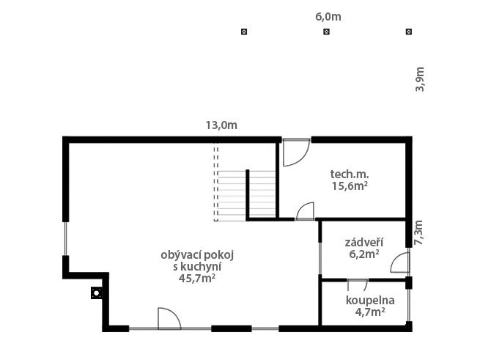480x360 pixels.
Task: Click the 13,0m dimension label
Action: pyautogui.click(x=221, y=125)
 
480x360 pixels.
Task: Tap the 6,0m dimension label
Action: pyautogui.click(x=328, y=17)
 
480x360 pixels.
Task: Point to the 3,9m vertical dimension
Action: pyautogui.click(x=420, y=79)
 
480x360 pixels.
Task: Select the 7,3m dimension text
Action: pyautogui.click(x=418, y=232)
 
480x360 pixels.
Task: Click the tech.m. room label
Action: pyautogui.click(x=350, y=175)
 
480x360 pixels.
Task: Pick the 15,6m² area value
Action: pyautogui.click(x=350, y=186)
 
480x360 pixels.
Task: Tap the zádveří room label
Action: pyautogui.click(x=364, y=243)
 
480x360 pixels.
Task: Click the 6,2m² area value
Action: pyautogui.click(x=364, y=254)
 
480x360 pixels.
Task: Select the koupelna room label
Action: pyautogui.click(x=370, y=301)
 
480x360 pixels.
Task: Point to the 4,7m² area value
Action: pyautogui.click(x=370, y=312)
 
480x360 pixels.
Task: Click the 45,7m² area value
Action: pyautogui.click(x=197, y=279)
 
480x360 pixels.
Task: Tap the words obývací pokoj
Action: pyautogui.click(x=197, y=255)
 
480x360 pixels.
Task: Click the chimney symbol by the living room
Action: pyautogui.click(x=97, y=293)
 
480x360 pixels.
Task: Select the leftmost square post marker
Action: pyautogui.click(x=244, y=32)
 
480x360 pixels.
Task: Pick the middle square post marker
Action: pyautogui.click(x=327, y=32)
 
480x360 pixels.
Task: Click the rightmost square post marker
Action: pyautogui.click(x=409, y=32)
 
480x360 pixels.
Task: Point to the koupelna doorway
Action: pyautogui.click(x=358, y=280)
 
